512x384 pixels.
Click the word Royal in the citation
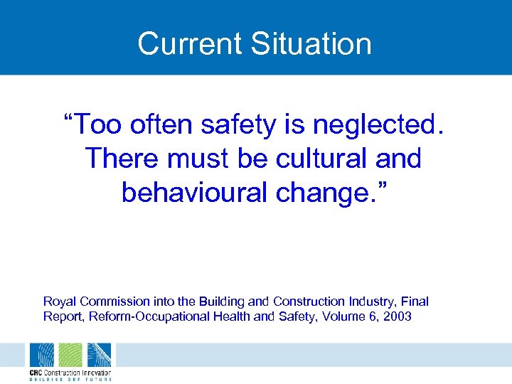58,302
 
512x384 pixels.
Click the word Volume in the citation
345,316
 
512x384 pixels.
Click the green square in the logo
70,355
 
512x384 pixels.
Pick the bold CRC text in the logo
37,372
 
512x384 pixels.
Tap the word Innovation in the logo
96,372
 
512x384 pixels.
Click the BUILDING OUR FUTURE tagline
70,379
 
